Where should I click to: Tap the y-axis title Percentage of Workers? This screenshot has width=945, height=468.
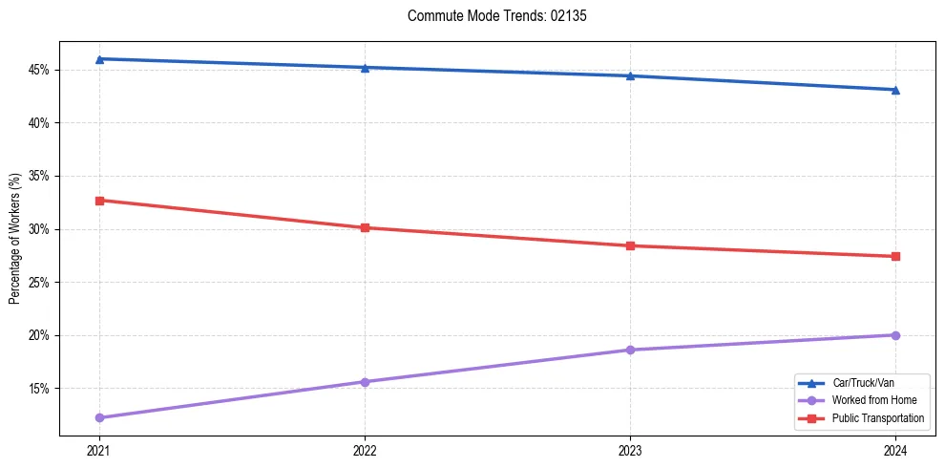[x=14, y=239]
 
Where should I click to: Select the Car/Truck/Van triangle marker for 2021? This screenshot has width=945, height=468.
[x=99, y=59]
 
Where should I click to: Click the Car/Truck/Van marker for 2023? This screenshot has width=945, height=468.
[x=630, y=75]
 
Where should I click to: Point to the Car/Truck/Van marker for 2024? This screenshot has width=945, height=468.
[x=895, y=90]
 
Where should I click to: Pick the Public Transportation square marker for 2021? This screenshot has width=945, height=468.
[x=99, y=201]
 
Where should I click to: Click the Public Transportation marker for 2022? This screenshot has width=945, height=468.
[x=365, y=227]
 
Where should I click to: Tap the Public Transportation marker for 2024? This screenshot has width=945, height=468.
[x=895, y=256]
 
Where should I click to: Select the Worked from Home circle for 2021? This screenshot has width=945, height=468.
[x=99, y=417]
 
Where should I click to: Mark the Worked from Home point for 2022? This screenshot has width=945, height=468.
[x=365, y=382]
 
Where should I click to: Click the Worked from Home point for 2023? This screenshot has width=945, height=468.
[x=630, y=350]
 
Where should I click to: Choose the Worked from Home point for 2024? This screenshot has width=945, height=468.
[x=895, y=335]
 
